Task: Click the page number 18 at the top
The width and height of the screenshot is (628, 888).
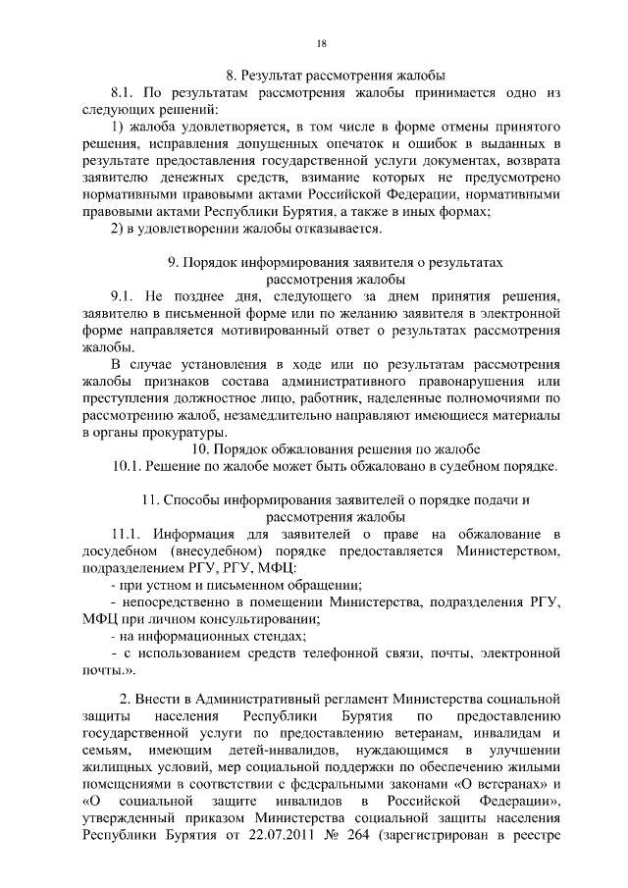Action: (321, 43)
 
